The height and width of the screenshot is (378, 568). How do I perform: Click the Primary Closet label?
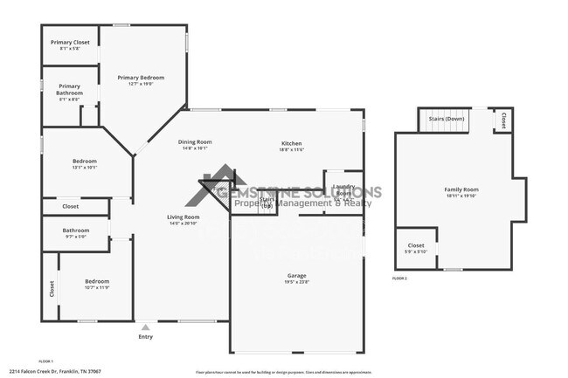(70, 42)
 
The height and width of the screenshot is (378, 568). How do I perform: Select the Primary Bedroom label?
(141, 78)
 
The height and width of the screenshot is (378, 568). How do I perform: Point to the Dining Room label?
(195, 141)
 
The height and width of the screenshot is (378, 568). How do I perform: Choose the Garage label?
(296, 275)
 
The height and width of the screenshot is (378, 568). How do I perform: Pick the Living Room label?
(184, 216)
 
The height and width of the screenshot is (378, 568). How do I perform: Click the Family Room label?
(461, 189)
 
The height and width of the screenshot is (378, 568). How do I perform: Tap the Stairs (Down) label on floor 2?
(446, 119)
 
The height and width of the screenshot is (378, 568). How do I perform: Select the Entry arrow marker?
(145, 327)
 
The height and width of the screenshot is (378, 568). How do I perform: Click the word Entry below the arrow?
(145, 337)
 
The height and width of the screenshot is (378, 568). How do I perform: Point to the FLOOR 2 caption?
(399, 278)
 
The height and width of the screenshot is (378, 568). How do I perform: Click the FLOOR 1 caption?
(46, 361)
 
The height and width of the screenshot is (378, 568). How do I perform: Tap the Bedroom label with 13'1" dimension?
(85, 161)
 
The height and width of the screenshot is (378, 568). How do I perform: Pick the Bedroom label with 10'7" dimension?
(96, 281)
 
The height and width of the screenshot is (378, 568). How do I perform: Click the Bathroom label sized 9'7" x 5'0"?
(76, 230)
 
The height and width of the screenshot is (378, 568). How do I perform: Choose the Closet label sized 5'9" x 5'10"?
(416, 245)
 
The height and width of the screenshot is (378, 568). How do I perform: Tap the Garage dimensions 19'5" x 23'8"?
(296, 282)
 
